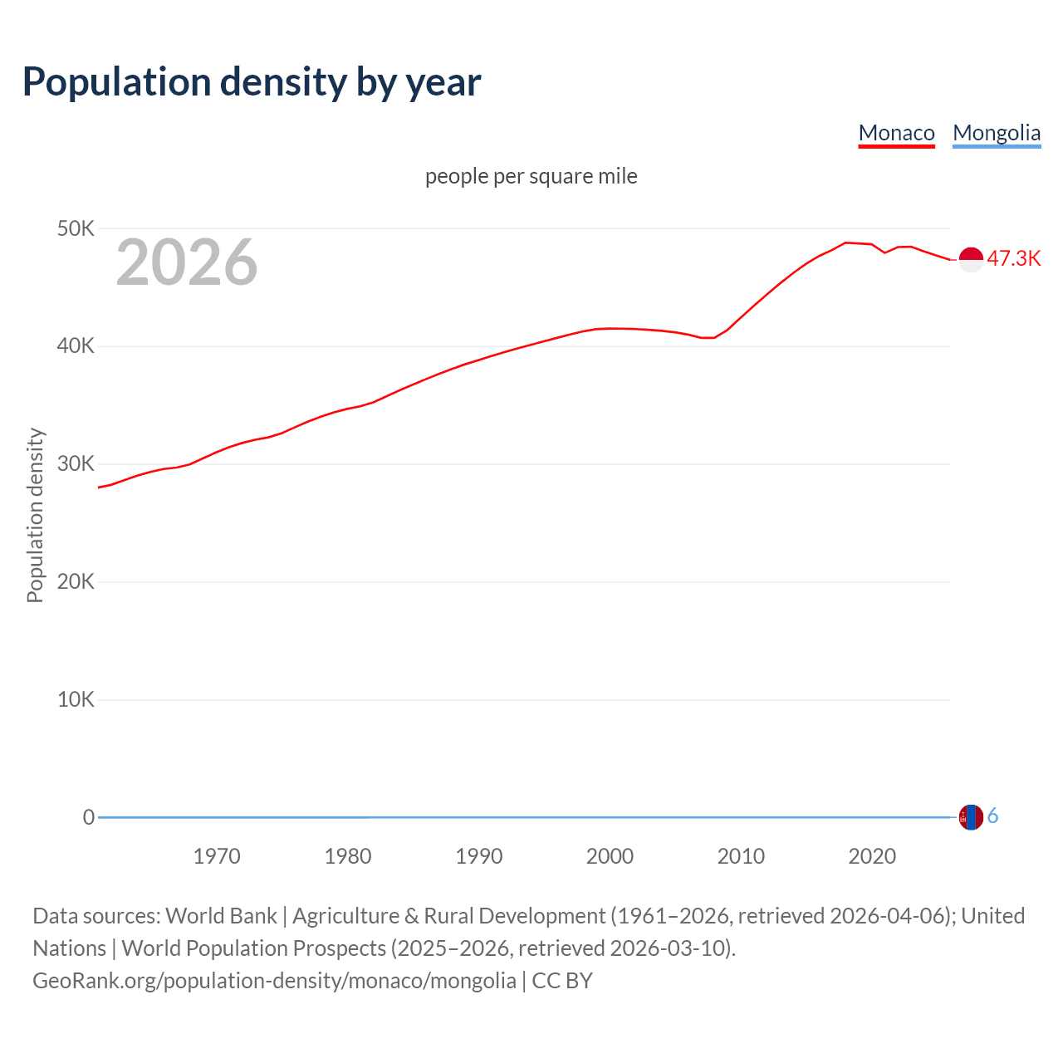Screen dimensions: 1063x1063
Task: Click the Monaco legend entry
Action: tap(896, 133)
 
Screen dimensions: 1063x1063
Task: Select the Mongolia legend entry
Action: tap(996, 133)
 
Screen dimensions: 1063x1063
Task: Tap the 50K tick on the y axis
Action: tap(76, 228)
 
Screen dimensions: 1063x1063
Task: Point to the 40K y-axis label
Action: tap(76, 346)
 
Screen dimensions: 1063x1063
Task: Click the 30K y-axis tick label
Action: tap(76, 464)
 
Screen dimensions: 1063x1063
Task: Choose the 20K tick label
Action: tap(76, 582)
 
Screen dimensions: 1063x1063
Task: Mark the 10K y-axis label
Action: tap(76, 700)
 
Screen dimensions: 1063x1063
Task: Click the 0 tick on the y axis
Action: tap(89, 817)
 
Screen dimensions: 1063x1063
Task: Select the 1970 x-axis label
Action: tap(217, 856)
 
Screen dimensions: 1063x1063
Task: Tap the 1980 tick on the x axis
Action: tap(348, 856)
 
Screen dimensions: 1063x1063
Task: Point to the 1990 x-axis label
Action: tap(479, 856)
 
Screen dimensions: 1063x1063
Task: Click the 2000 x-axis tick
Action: tap(610, 856)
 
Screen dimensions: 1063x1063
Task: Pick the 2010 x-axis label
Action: tap(741, 856)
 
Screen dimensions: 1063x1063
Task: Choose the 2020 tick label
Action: tap(872, 856)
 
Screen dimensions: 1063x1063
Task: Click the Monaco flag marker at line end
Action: tap(971, 259)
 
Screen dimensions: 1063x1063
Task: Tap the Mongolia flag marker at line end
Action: tap(971, 817)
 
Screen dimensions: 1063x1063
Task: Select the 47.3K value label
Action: tap(1013, 258)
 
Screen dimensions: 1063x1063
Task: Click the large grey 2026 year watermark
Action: tap(187, 262)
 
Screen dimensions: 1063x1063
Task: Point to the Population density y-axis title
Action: tap(35, 515)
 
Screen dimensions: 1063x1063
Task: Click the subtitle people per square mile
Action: tap(531, 177)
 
